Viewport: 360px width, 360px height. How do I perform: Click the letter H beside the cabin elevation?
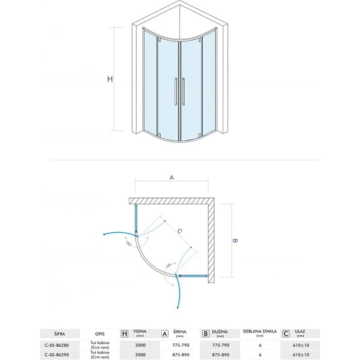109,79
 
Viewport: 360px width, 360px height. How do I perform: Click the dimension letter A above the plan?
172,178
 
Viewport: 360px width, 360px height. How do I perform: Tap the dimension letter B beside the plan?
236,241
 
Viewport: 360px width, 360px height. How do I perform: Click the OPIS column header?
100,332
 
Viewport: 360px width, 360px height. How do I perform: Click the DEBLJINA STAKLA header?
259,331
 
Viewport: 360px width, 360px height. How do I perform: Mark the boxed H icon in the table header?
125,332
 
